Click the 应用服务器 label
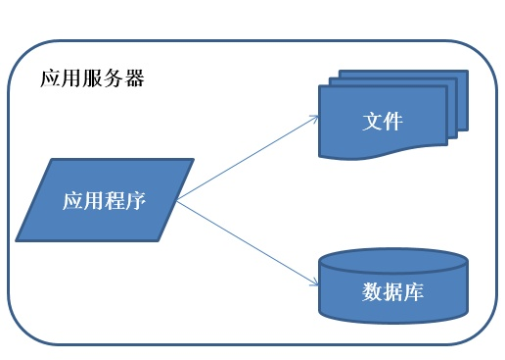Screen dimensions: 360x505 pyautogui.click(x=93, y=78)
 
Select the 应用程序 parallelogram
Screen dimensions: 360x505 pyautogui.click(x=103, y=201)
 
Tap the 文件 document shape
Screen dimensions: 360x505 pyautogui.click(x=383, y=124)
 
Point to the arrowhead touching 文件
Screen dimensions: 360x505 pyautogui.click(x=316, y=117)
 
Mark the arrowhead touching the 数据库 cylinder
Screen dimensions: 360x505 pyautogui.click(x=316, y=283)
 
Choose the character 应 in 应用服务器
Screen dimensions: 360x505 pyautogui.click(x=51, y=78)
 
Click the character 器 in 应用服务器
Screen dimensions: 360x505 pyautogui.click(x=135, y=78)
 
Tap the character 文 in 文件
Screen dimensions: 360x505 pyautogui.click(x=372, y=124)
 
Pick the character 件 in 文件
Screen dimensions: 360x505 pyautogui.click(x=393, y=124)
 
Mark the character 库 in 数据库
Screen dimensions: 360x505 pyautogui.click(x=414, y=291)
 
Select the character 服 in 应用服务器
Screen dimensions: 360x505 pyautogui.click(x=93, y=78)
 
